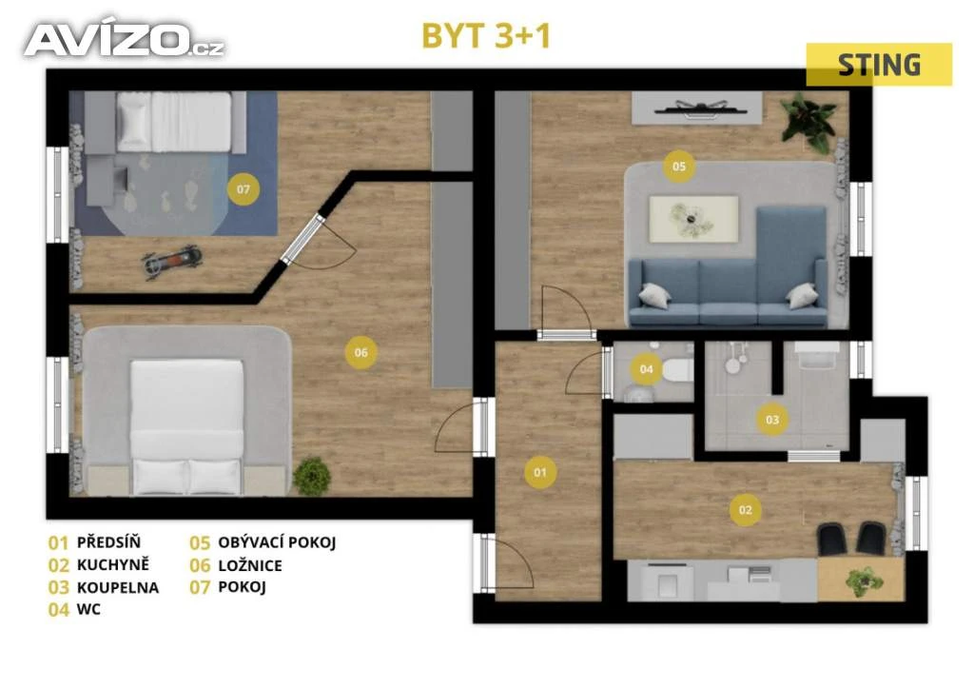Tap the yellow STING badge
click(879, 65)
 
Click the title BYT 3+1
click(486, 36)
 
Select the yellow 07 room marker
click(243, 188)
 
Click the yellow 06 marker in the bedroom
click(360, 352)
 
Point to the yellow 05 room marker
click(679, 166)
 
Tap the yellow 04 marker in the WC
click(646, 369)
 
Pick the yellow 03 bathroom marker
click(772, 420)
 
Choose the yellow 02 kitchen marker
click(746, 510)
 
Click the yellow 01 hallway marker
click(540, 472)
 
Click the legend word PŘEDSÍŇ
click(108, 541)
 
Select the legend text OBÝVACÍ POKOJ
click(277, 542)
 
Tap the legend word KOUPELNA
click(118, 587)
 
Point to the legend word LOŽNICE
click(250, 565)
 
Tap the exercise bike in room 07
click(172, 261)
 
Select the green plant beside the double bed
click(312, 476)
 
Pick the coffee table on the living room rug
click(693, 219)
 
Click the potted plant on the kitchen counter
click(864, 581)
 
